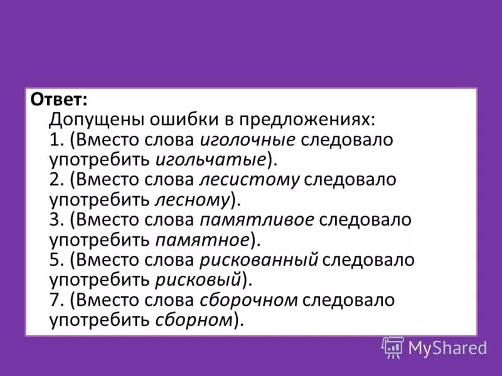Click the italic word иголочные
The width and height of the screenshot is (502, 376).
coord(248,139)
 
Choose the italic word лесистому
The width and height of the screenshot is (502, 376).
coord(250,180)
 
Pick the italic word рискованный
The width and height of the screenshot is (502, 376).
coord(259,260)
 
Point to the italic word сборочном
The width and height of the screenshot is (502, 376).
coord(248,300)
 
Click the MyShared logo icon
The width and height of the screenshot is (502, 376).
coord(392,347)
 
